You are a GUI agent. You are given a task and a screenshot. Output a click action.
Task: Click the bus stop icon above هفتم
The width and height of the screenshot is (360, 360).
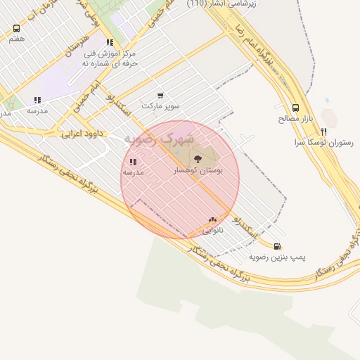pos(17,29)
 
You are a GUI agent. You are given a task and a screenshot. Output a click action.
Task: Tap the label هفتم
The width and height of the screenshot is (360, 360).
pos(17,39)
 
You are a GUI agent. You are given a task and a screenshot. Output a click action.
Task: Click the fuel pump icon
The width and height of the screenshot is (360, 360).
pos(278,247)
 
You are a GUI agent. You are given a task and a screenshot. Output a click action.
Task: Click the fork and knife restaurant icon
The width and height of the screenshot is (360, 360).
pos(323,131)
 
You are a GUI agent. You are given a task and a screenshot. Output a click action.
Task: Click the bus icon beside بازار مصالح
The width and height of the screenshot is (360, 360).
pos(295,108)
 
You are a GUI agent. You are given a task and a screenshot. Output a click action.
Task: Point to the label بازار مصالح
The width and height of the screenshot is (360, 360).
pos(289,119)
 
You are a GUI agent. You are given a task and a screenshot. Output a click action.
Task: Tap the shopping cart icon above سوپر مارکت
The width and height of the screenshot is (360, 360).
pos(160,96)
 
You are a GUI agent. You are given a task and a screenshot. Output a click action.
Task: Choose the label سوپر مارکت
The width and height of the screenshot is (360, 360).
pos(161,106)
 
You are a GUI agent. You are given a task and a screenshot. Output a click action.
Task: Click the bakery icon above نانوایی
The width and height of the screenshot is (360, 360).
pos(212,220)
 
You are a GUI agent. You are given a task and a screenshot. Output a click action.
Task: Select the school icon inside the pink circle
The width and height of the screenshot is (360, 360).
pos(133,162)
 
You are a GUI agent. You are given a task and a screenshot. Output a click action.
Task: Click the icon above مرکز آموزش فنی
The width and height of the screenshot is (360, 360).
pos(109,42)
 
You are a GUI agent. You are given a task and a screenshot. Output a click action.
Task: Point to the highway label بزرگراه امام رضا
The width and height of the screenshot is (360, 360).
pos(258,47)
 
